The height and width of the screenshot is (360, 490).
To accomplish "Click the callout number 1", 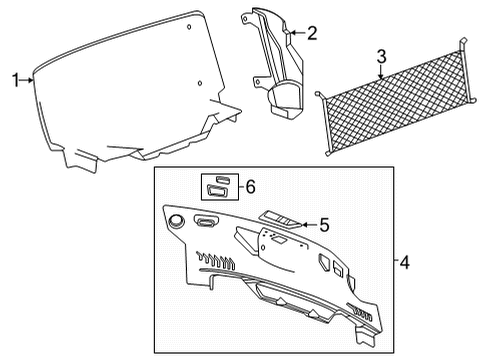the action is click(15, 80).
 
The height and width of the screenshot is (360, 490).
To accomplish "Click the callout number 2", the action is click(312, 33).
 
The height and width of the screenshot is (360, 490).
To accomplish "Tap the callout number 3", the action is click(381, 56).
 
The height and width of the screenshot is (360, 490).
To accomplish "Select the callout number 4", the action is click(404, 263).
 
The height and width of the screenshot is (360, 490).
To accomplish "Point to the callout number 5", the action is click(324, 225).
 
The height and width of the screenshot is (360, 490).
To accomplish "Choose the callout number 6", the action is click(250, 187).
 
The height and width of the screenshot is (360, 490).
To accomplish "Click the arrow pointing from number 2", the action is click(297, 33).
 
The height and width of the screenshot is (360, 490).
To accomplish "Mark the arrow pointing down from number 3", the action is click(381, 72).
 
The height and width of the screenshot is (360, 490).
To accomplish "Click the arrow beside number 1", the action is click(26, 80).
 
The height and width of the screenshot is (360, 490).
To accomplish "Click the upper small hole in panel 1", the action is click(189, 27).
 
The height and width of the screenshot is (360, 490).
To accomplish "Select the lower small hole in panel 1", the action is click(200, 83).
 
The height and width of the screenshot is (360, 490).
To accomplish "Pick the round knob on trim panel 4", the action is click(177, 221).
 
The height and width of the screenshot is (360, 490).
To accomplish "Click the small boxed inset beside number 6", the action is click(220, 187).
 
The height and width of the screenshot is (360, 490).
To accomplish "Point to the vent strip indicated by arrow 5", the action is click(279, 219).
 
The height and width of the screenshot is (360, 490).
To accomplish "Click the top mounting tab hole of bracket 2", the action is click(246, 19).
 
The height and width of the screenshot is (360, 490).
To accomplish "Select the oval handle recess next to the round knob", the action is click(206, 221).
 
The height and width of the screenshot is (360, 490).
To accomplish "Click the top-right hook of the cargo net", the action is click(464, 43).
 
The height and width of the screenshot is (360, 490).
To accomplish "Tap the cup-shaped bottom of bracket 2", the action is click(286, 99).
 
